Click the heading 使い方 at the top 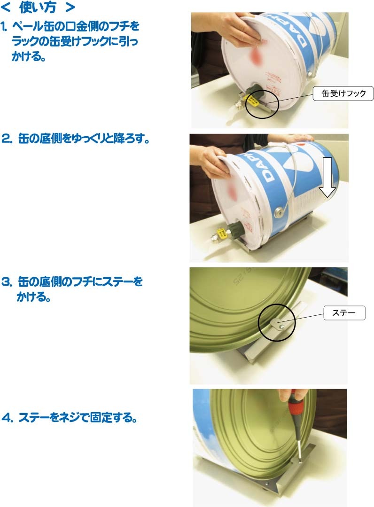coord(38,8)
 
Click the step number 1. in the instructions coord(4,26)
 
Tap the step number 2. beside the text coord(7,139)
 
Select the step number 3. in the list coord(7,281)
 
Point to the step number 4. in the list coord(8,417)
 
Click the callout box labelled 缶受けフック coord(343,94)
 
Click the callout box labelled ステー coord(344,312)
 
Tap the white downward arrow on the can coord(327,177)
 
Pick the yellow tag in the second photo coord(221,233)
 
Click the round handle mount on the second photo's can coord(278,213)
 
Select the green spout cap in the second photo coord(234,227)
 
